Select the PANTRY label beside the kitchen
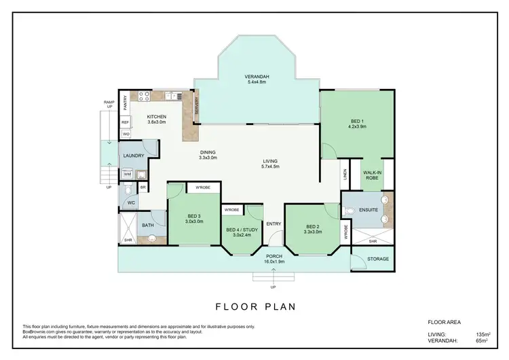coord(125,102)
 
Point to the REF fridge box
coord(126,122)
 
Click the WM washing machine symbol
coord(127,175)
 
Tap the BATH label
coord(148,225)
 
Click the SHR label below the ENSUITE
coord(372,240)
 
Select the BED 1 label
coord(357,122)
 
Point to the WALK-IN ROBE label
coord(372,176)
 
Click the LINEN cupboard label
coord(345,175)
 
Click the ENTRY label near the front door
coord(274,223)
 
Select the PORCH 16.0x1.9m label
coord(274,259)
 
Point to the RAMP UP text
coord(109,104)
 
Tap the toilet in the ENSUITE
coord(350,211)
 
